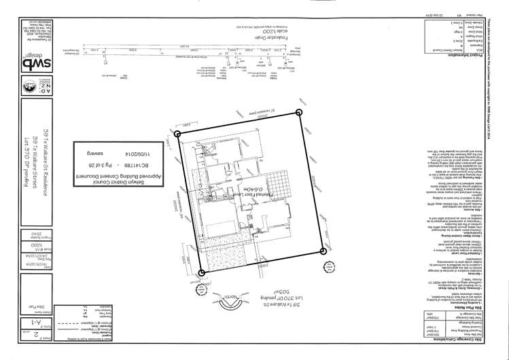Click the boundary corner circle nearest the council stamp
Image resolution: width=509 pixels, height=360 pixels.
click(x=179, y=134)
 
